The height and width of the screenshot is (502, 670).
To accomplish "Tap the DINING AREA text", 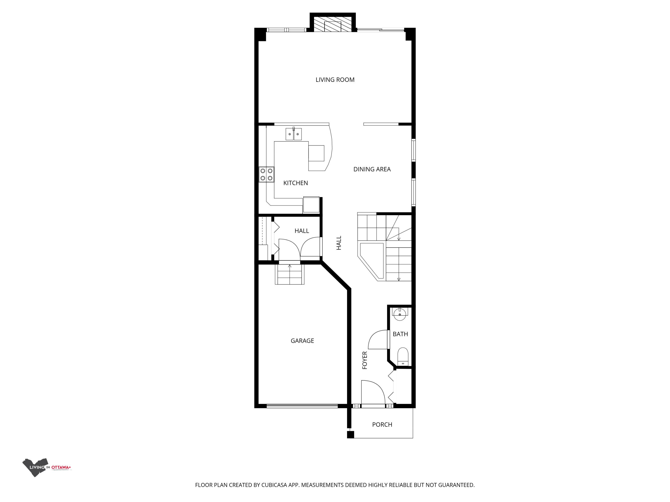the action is [x=372, y=169].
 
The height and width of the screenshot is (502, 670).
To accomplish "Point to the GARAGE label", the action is [x=302, y=341].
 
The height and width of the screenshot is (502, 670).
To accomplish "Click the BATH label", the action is [x=400, y=334].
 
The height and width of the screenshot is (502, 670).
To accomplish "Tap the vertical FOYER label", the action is [x=365, y=360].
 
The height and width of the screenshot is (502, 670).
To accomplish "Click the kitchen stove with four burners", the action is [x=266, y=175].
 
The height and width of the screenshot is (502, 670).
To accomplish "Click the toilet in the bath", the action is [x=403, y=357].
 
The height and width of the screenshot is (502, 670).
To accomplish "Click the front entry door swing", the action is [x=373, y=392].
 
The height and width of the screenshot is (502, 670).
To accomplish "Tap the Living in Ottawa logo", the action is [x=47, y=467].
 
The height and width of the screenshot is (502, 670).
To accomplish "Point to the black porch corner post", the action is [x=350, y=435].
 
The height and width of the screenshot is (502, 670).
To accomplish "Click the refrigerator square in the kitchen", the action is [x=311, y=205].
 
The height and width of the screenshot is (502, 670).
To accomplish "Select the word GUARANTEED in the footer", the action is [x=456, y=485].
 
